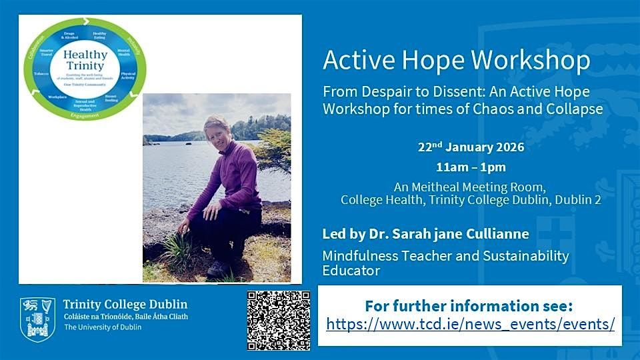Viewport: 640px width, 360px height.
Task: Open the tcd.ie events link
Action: pyautogui.click(x=470, y=325)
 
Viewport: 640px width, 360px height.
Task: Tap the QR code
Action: pyautogui.click(x=279, y=321)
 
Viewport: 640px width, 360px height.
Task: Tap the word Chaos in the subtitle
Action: pyautogui.click(x=501, y=108)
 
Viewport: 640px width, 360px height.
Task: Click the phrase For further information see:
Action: pyautogui.click(x=469, y=306)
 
